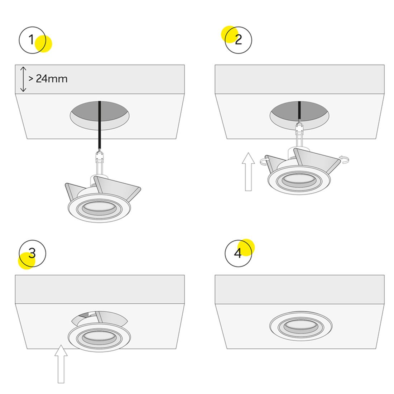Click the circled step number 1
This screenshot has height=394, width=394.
32,40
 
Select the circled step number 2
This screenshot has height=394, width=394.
238,40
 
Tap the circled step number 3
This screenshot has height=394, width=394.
32,253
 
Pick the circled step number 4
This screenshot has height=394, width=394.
238,253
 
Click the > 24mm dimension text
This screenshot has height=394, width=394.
48,79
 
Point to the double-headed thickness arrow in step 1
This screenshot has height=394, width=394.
23,79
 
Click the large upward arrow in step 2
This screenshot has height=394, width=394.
248,172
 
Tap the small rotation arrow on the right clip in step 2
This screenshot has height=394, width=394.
344,159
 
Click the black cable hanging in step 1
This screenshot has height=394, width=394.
100,126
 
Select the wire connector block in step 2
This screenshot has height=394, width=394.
299,130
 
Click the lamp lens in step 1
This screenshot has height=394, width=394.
99,207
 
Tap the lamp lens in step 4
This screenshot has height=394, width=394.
301,326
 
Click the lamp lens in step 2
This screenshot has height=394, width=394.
299,180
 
